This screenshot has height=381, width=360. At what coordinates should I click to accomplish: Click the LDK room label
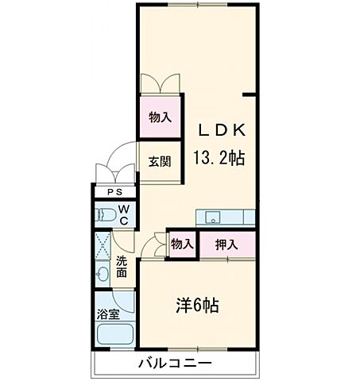coord(221,129)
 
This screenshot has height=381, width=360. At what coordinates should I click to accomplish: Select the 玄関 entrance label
coord(159,162)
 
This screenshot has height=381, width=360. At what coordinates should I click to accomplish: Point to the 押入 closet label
coord(226,244)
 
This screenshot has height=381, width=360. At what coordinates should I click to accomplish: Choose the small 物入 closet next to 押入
coord(182,244)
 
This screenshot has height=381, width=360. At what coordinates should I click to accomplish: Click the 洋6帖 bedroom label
coord(197,305)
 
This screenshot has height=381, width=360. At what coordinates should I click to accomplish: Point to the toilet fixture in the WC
coord(104,214)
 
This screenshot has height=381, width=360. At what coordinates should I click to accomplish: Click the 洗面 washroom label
coord(122,267)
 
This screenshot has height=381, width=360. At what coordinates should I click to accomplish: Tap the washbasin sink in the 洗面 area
coord(103,275)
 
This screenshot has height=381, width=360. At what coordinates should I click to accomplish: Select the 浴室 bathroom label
coord(109,314)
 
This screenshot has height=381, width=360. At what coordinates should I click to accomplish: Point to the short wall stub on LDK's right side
coord(250,96)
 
